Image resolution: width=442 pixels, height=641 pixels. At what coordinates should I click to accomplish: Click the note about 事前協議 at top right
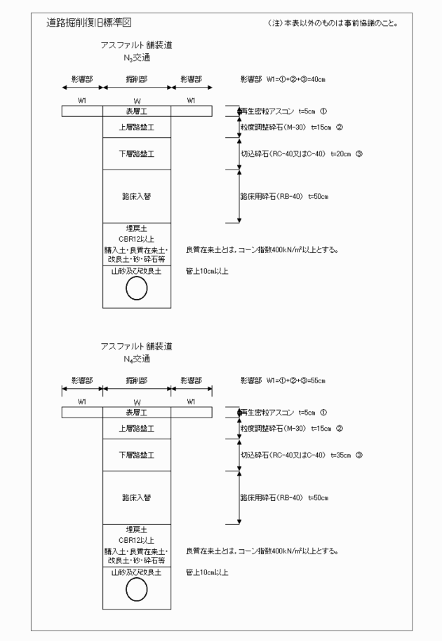(x=333, y=23)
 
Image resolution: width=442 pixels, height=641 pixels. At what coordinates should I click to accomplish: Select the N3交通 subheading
(x=136, y=58)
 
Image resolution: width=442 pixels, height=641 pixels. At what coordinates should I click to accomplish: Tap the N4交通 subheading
(x=136, y=359)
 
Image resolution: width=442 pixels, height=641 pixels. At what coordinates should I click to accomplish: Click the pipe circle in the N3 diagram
(x=138, y=289)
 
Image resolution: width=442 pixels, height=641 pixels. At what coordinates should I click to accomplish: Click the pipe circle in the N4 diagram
(x=138, y=591)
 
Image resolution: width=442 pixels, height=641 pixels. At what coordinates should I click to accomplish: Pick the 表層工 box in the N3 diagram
(x=138, y=111)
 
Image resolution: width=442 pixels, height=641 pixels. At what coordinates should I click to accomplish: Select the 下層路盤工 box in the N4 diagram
(x=138, y=455)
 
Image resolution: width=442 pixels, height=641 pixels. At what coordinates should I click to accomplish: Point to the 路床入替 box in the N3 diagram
(x=138, y=196)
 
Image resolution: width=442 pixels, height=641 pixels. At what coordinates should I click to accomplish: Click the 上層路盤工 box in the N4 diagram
(x=138, y=427)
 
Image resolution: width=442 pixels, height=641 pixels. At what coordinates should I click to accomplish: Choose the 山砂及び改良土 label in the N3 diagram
(x=138, y=271)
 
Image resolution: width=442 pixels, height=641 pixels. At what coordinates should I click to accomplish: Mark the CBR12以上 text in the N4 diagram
(x=138, y=540)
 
